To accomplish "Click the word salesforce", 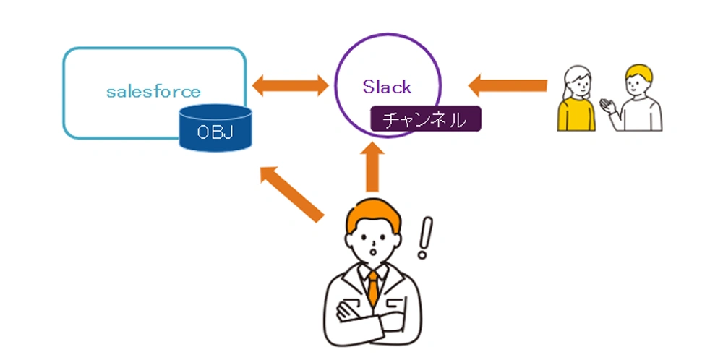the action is point(153,91).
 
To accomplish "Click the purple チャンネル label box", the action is point(426,119).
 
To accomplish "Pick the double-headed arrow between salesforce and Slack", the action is point(291,85).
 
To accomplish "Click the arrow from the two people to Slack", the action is point(508,85).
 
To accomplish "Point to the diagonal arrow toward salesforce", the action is point(291,194).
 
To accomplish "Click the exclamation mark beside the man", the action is point(424,237).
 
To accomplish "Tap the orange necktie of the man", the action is point(372,288).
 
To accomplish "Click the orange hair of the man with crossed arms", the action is point(373,215).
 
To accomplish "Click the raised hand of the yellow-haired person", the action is point(608,106).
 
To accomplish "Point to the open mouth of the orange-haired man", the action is point(374,252).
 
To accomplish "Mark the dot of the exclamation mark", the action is point(422,254).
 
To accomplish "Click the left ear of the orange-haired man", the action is point(348,240).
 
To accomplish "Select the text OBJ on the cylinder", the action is point(215,132).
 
